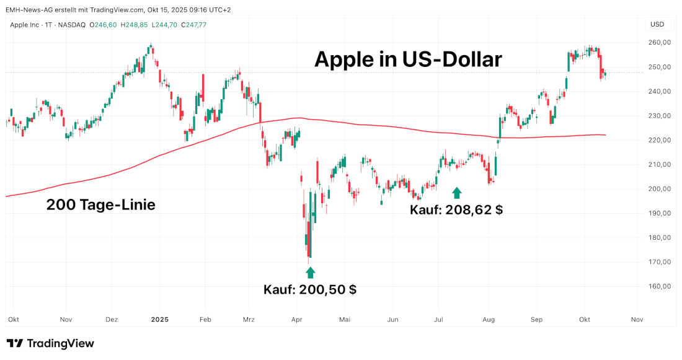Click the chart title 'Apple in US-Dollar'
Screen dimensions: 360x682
(407, 59)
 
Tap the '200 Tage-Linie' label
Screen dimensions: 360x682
(100, 205)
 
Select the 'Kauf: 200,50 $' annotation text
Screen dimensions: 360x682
(310, 289)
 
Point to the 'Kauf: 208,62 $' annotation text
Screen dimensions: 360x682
(456, 209)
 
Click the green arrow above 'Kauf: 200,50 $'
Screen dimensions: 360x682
(311, 272)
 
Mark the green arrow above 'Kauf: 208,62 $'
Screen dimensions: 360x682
(457, 193)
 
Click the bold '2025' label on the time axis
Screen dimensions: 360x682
(160, 320)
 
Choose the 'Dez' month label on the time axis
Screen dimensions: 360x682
(112, 320)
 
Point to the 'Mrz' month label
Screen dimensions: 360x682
(249, 320)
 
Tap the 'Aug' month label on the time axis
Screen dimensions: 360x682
(489, 320)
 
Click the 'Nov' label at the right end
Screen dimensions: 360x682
(636, 320)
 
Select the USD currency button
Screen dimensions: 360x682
(657, 25)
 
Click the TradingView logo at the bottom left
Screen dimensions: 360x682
(50, 343)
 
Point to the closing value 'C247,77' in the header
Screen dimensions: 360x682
(192, 25)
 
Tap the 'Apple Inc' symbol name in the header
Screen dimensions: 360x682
(26, 25)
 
